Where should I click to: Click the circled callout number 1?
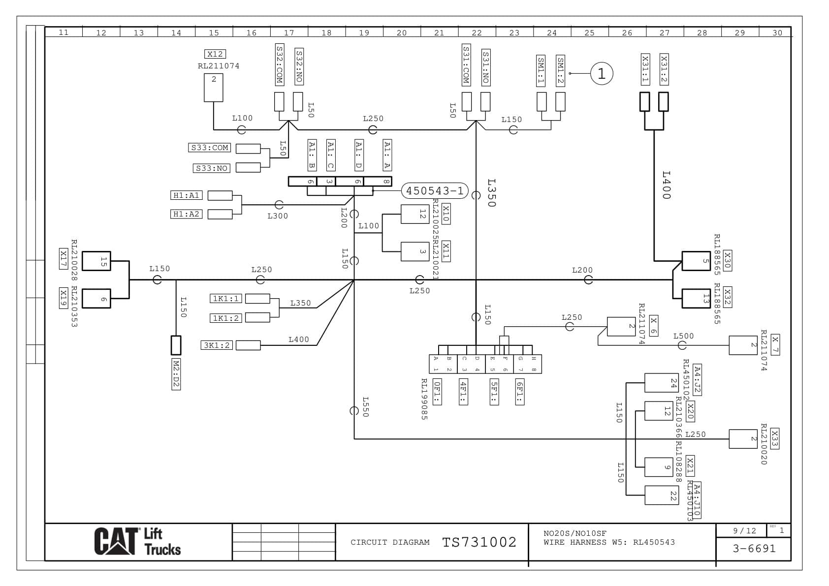[x=601, y=74]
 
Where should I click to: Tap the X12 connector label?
[x=215, y=54]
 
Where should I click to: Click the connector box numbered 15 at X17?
[x=96, y=261]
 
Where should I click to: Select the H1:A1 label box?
[x=186, y=195]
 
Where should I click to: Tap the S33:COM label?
[x=209, y=148]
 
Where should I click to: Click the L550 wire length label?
[x=365, y=407]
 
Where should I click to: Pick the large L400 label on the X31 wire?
[x=666, y=185]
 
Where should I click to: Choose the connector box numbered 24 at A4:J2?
[x=661, y=383]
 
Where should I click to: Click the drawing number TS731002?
[x=479, y=542]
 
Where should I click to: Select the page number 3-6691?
[x=754, y=549]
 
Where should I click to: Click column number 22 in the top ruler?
[x=477, y=32]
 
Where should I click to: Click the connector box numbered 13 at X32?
[x=696, y=299]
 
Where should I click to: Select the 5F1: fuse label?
[x=494, y=392]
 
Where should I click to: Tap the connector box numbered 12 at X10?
[x=414, y=214]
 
